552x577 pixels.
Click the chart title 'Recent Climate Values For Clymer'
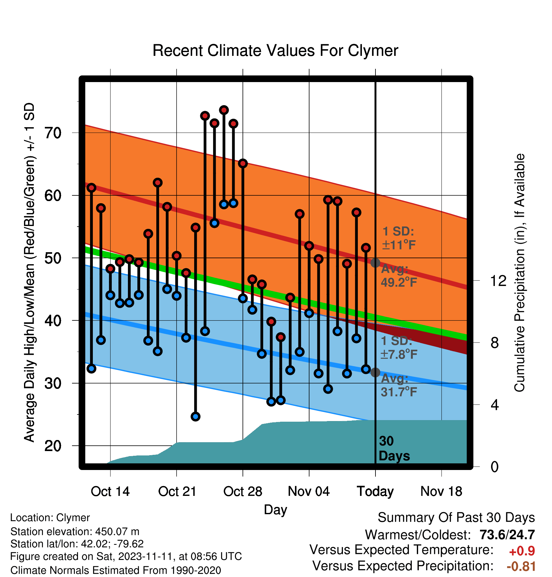tap(275, 51)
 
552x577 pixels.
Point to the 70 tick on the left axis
tap(53, 133)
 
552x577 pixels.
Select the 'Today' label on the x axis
tap(375, 491)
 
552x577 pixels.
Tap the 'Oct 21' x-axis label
tap(177, 491)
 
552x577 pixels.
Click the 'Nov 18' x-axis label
tap(441, 491)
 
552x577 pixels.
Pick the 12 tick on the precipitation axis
tap(498, 281)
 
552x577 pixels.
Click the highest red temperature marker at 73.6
tap(224, 110)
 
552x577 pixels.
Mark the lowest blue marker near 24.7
tap(195, 417)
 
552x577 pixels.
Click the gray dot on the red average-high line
tap(375, 263)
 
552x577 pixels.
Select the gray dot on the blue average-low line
tap(375, 372)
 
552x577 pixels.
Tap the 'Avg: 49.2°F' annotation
tap(399, 276)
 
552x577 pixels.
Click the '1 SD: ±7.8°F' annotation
tap(399, 348)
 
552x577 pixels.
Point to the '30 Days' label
tap(394, 449)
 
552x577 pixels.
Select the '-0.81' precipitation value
tap(521, 567)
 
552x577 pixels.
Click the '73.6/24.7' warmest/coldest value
tap(507, 535)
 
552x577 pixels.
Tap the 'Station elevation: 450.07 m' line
tap(75, 532)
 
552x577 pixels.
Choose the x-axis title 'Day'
tap(275, 510)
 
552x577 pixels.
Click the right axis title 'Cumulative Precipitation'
tap(519, 273)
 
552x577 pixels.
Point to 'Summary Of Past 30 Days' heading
tap(456, 518)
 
